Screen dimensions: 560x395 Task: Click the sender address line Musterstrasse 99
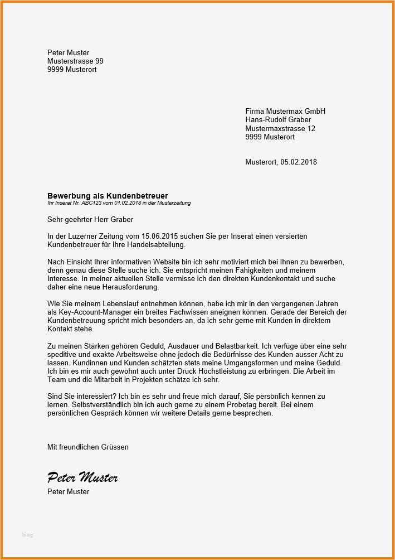click(75, 61)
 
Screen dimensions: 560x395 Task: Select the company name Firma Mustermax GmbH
click(285, 111)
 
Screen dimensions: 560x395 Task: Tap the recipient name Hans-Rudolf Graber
click(278, 119)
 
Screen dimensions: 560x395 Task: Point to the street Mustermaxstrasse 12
click(280, 128)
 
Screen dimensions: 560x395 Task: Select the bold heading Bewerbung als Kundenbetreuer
click(108, 196)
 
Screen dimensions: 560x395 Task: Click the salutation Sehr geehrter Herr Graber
click(90, 220)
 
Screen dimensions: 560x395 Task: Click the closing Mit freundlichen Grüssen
click(88, 447)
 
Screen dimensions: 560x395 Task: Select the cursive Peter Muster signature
click(82, 477)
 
